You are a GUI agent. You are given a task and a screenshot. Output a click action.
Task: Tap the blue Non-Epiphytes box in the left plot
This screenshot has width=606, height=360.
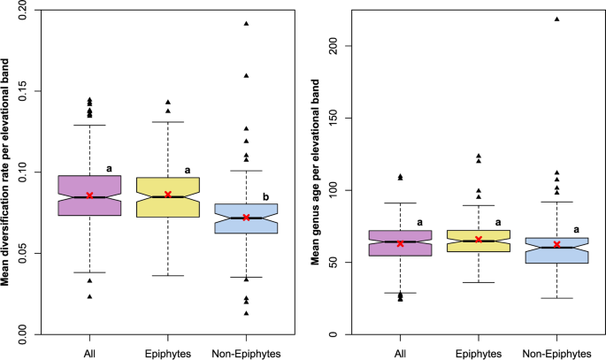pos(247,218)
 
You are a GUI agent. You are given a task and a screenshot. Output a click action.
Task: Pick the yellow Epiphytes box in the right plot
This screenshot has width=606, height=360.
pos(479,241)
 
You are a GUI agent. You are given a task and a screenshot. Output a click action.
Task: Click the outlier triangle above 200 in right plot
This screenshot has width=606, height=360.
pos(557,19)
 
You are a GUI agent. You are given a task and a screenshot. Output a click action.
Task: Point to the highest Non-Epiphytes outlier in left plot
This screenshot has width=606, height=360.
pos(247,24)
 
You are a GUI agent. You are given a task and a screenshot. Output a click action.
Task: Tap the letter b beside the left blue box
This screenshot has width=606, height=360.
pos(265,196)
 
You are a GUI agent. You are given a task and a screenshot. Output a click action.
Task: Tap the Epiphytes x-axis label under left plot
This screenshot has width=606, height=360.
pos(168,352)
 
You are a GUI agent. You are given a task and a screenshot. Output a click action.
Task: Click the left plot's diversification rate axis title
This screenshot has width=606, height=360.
pos(6,172)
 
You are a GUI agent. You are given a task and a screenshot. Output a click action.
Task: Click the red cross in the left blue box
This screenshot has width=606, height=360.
pos(247,217)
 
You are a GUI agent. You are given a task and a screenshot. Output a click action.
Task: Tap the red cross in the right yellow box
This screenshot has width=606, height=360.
pos(479,240)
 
